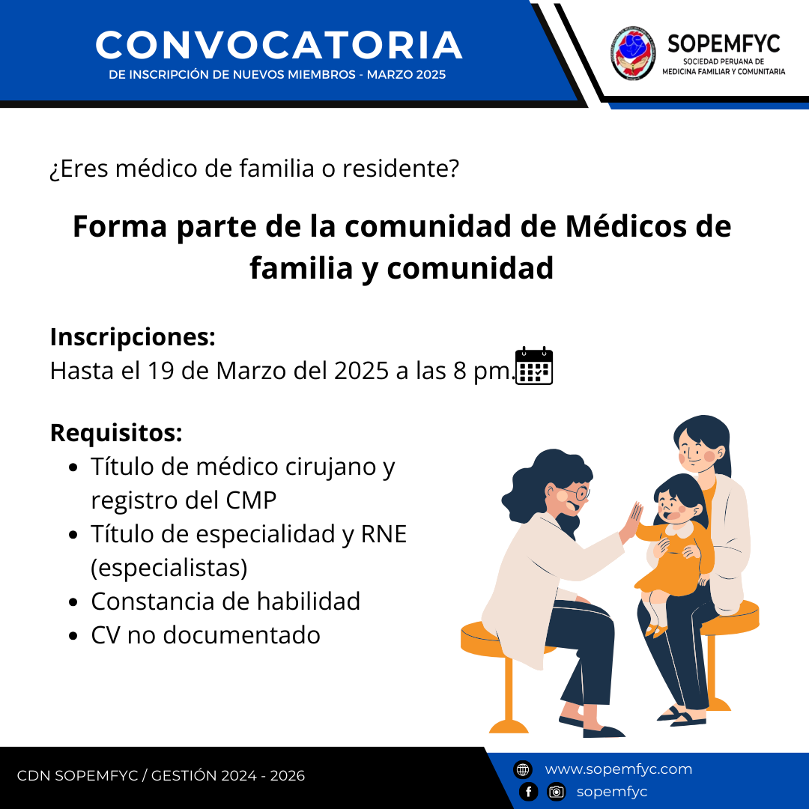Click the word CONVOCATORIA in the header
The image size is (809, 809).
pyautogui.click(x=279, y=46)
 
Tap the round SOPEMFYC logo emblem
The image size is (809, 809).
pyautogui.click(x=634, y=53)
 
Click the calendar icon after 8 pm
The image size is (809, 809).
pyautogui.click(x=534, y=366)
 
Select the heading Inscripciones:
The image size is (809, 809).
pyautogui.click(x=133, y=337)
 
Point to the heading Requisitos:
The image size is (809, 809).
pyautogui.click(x=116, y=432)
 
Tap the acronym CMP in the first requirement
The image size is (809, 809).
pyautogui.click(x=251, y=500)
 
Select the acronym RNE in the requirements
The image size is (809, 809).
pyautogui.click(x=384, y=533)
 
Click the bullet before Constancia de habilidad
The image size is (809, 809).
pyautogui.click(x=73, y=602)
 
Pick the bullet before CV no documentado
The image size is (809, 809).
pyautogui.click(x=73, y=636)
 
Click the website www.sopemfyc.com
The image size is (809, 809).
pyautogui.click(x=618, y=769)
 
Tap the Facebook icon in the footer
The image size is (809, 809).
pyautogui.click(x=528, y=792)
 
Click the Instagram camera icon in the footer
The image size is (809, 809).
pyautogui.click(x=556, y=792)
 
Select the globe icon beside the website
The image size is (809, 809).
pyautogui.click(x=523, y=769)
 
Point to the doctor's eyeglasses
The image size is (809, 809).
pyautogui.click(x=577, y=493)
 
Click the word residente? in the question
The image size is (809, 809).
pyautogui.click(x=401, y=169)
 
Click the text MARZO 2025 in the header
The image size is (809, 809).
pyautogui.click(x=406, y=74)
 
